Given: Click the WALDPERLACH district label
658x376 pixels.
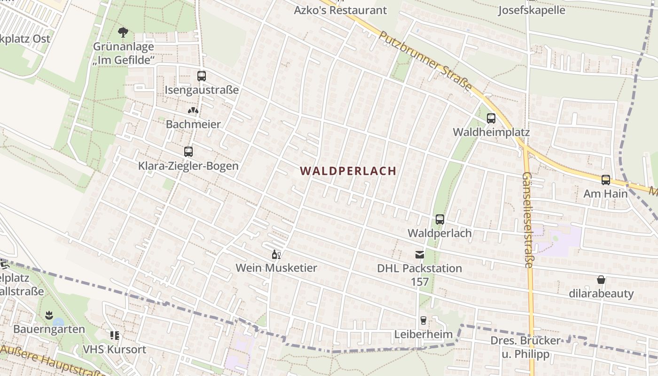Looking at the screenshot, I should pyautogui.click(x=348, y=171).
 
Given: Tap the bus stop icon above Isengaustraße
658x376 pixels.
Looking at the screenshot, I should pyautogui.click(x=202, y=76).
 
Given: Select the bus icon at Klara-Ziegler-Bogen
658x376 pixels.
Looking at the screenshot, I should pyautogui.click(x=188, y=152).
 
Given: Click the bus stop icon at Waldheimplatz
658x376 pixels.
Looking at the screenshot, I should pyautogui.click(x=491, y=118).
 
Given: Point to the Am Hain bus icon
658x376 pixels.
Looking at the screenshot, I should pyautogui.click(x=606, y=180).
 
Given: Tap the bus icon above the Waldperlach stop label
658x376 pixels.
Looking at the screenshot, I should pyautogui.click(x=440, y=219).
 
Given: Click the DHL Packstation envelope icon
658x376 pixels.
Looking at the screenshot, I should pyautogui.click(x=419, y=255).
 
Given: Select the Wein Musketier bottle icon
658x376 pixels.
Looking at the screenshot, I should pyautogui.click(x=276, y=255).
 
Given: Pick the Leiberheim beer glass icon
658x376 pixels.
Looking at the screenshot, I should pyautogui.click(x=423, y=321).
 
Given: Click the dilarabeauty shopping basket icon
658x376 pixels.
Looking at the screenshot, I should pyautogui.click(x=601, y=280).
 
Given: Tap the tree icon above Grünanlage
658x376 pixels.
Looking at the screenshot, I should pyautogui.click(x=123, y=32).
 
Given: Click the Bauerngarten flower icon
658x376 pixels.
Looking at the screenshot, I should pyautogui.click(x=48, y=314).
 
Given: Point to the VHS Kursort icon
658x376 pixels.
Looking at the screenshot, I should pyautogui.click(x=115, y=336).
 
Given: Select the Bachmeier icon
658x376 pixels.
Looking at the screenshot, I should pyautogui.click(x=193, y=110).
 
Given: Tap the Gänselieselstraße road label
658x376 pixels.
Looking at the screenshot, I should pyautogui.click(x=527, y=219).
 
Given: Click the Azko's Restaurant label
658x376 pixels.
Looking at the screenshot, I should pyautogui.click(x=340, y=10).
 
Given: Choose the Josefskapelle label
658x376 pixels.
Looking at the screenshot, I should pyautogui.click(x=532, y=10).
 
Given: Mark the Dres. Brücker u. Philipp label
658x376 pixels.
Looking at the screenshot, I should pyautogui.click(x=525, y=347).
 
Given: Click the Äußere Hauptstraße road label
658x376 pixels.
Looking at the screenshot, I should pyautogui.click(x=52, y=362).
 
